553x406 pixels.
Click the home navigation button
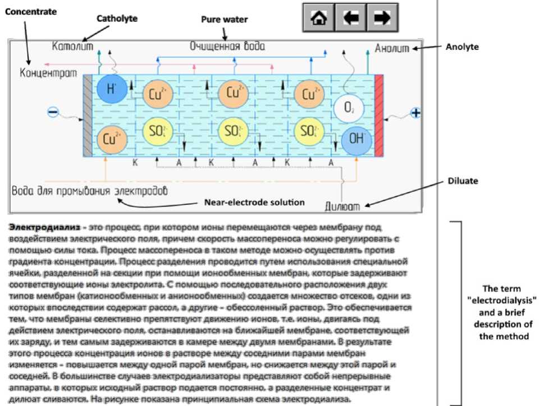pos(318,18)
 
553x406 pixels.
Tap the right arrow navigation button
pos(382,18)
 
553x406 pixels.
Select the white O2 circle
pos(349,108)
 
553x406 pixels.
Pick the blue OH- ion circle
pos(357,139)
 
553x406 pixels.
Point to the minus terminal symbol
pos(53,113)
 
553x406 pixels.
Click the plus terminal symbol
pos(415,113)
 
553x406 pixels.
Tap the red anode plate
pos(379,115)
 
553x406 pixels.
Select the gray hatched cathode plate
pos(88,115)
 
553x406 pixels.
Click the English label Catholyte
pos(117,19)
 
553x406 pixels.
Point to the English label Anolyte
pos(462,47)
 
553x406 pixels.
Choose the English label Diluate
pos(463,181)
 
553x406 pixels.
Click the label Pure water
pos(225,20)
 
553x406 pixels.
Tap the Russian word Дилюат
pos(342,205)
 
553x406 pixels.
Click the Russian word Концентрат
pos(48,73)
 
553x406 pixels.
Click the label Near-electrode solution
pos(254,202)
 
